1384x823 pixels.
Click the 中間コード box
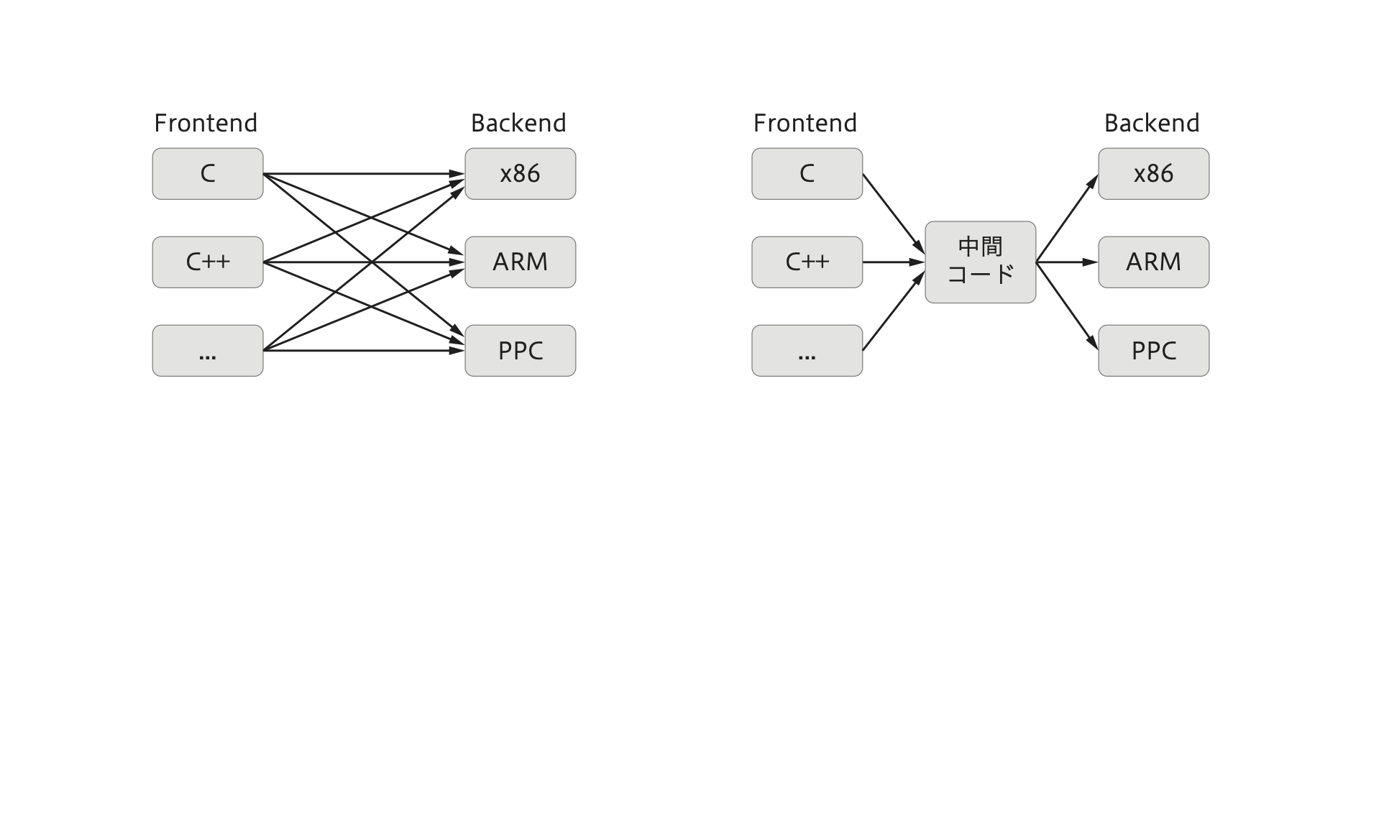[x=980, y=262]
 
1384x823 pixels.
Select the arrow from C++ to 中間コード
[x=894, y=262]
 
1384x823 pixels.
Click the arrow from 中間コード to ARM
[x=1067, y=262]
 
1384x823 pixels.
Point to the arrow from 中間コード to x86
[x=1067, y=219]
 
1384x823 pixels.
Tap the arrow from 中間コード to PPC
[x=1067, y=306]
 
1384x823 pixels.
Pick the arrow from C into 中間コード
[x=894, y=214]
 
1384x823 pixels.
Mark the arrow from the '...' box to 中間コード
[x=894, y=311]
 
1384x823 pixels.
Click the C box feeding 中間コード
[x=807, y=174]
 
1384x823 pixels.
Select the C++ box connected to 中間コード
[x=807, y=262]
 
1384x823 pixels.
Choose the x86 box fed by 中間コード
[x=1153, y=174]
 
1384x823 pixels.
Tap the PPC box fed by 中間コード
[x=1153, y=351]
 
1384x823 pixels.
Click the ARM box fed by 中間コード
[x=1153, y=262]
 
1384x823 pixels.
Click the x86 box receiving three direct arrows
[x=520, y=174]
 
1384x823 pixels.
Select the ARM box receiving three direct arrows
[x=520, y=262]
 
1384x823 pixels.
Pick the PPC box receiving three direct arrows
[x=520, y=351]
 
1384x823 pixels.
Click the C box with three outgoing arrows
[x=208, y=174]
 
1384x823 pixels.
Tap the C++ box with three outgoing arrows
[x=208, y=262]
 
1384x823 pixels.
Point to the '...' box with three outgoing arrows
[x=208, y=351]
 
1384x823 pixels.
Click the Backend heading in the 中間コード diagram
[x=1152, y=123]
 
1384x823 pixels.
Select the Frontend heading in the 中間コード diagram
[x=805, y=123]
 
